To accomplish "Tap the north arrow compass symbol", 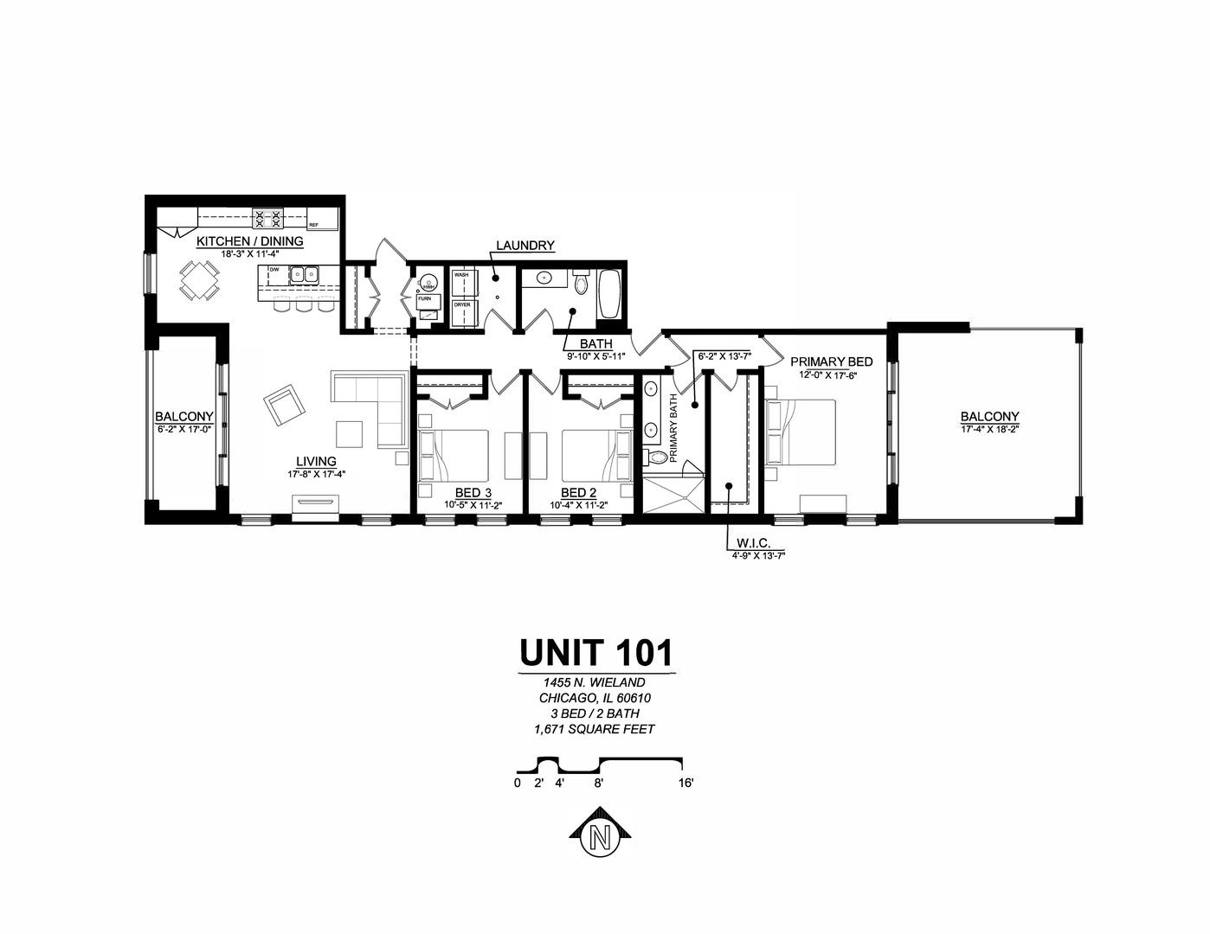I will click(x=596, y=835).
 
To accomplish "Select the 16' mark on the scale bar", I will click(x=686, y=784).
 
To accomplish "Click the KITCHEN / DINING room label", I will click(x=249, y=241).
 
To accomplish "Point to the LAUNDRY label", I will click(x=525, y=246).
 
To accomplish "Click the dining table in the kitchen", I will click(x=199, y=279).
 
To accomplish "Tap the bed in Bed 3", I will click(x=453, y=456).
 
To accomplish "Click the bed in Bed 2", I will click(x=598, y=456).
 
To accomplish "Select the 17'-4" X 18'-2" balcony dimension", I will click(x=989, y=429).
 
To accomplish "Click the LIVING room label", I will click(x=316, y=462).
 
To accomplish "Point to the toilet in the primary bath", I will click(x=660, y=457).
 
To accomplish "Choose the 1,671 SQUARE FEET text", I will click(x=595, y=729).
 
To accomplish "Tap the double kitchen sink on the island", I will click(x=304, y=275).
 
